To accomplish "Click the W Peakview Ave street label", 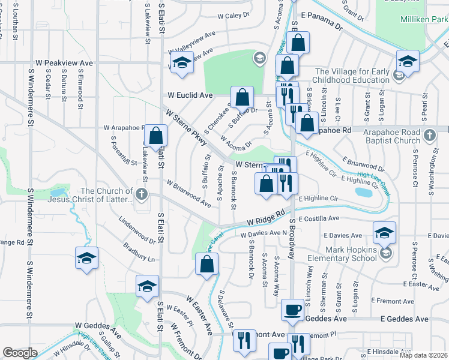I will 64,62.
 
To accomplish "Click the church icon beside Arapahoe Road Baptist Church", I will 430,136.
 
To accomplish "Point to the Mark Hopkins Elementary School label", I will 351,254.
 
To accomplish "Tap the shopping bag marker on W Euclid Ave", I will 242,97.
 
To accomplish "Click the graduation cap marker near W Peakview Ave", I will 181,63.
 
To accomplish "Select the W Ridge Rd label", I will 264,217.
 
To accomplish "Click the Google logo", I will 20,353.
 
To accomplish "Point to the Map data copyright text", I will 423,355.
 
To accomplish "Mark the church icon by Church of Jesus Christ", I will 141,194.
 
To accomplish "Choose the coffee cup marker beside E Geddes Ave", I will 292,309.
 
